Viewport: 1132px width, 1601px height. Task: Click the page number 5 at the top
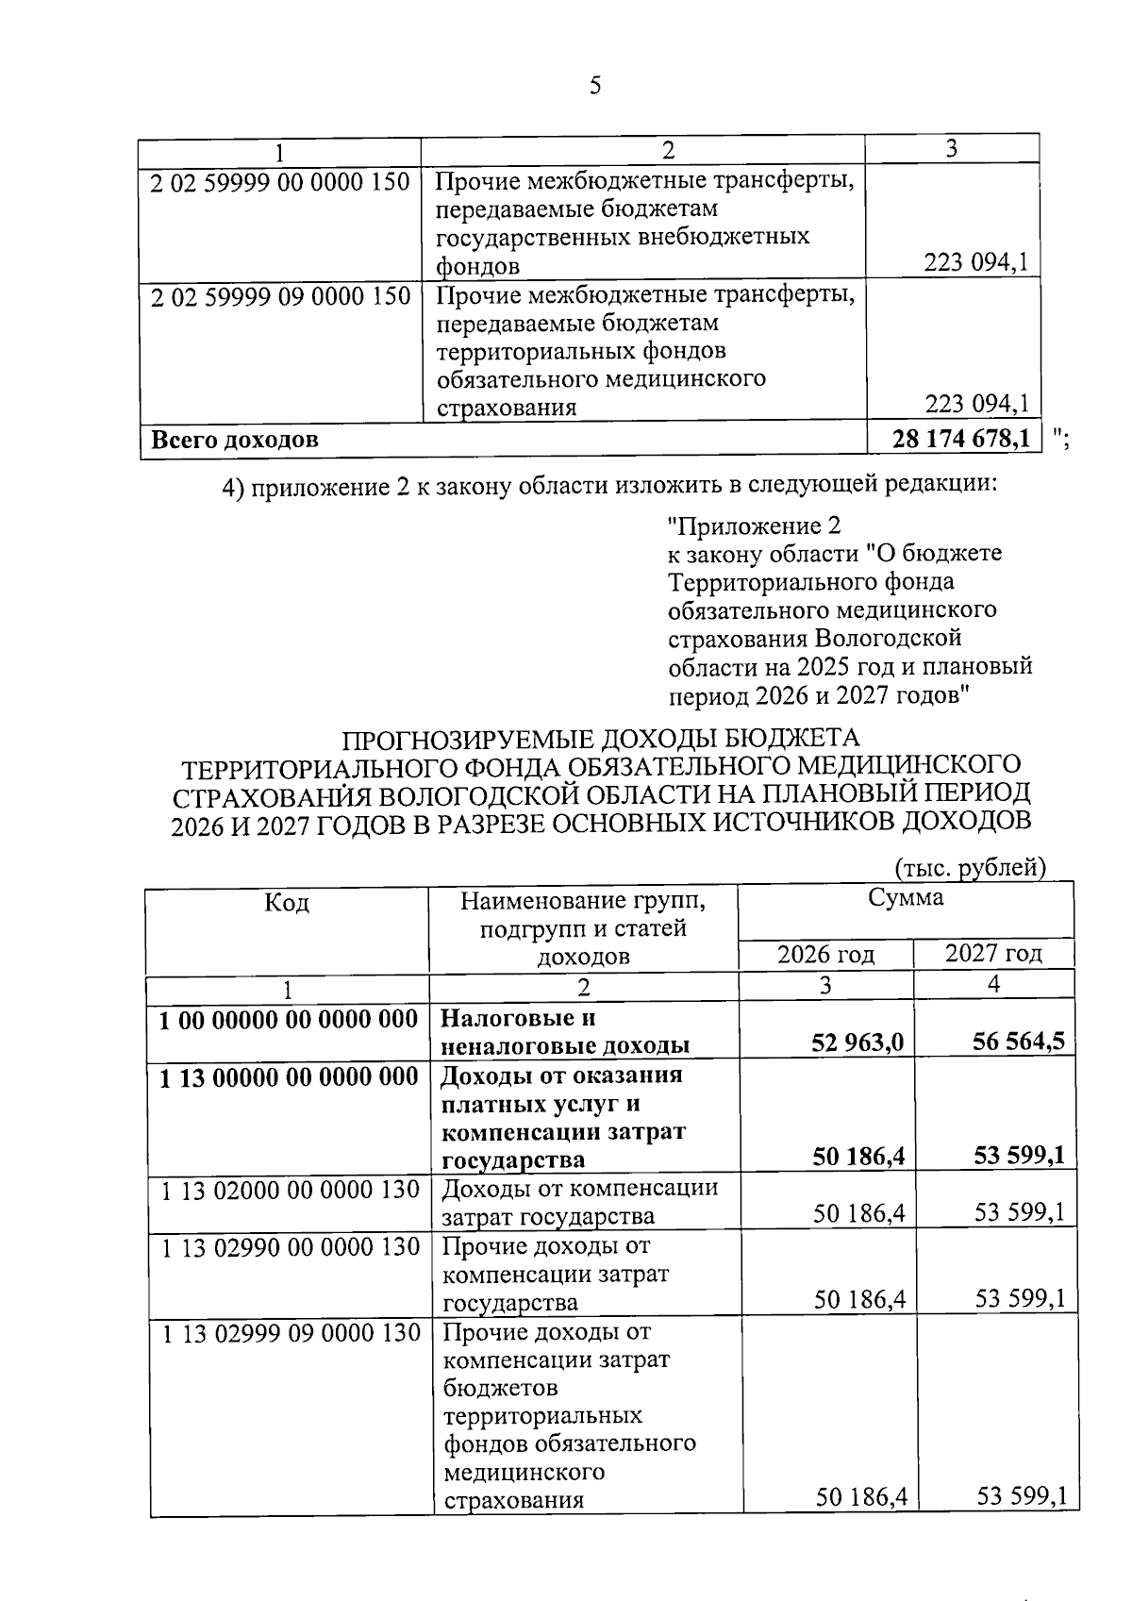[x=594, y=86]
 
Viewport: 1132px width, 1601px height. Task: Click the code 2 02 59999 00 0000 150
[x=280, y=181]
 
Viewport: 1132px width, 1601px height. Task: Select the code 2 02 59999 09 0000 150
[x=280, y=296]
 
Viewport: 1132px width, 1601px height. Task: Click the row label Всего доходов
[x=235, y=440]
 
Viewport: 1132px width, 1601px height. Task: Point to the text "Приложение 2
[x=753, y=525]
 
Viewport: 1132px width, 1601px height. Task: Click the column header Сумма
[x=906, y=897]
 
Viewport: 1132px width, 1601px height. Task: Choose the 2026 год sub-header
[x=825, y=954]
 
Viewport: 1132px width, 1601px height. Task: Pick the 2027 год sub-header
[x=993, y=953]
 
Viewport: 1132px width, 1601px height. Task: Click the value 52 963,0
[x=857, y=1042]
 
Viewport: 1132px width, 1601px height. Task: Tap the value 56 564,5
[x=1019, y=1042]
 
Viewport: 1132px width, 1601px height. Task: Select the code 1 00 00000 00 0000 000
[x=288, y=1020]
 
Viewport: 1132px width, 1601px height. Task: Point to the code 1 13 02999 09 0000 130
[x=290, y=1333]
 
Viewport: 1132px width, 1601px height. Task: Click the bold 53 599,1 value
[x=1019, y=1155]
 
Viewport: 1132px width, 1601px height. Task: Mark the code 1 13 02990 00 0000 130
[x=290, y=1247]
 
